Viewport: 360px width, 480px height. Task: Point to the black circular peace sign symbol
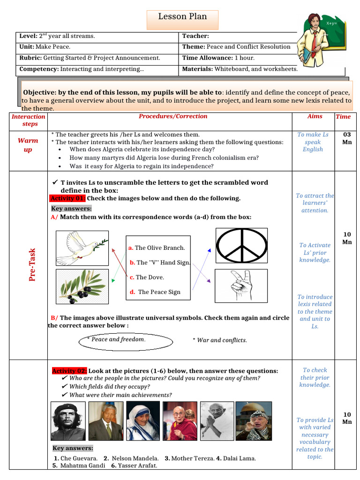click(x=242, y=246)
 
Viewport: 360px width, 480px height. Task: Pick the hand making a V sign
click(x=241, y=285)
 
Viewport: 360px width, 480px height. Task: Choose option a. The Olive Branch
click(x=157, y=248)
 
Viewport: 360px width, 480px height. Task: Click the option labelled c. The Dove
click(x=147, y=277)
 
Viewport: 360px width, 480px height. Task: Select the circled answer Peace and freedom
click(x=119, y=339)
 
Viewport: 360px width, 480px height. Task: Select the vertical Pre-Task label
click(x=33, y=264)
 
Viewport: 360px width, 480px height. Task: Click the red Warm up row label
click(x=28, y=145)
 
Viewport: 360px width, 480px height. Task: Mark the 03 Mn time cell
click(x=347, y=138)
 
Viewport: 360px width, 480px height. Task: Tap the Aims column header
click(x=315, y=116)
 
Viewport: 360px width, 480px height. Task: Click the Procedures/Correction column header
click(x=173, y=116)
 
